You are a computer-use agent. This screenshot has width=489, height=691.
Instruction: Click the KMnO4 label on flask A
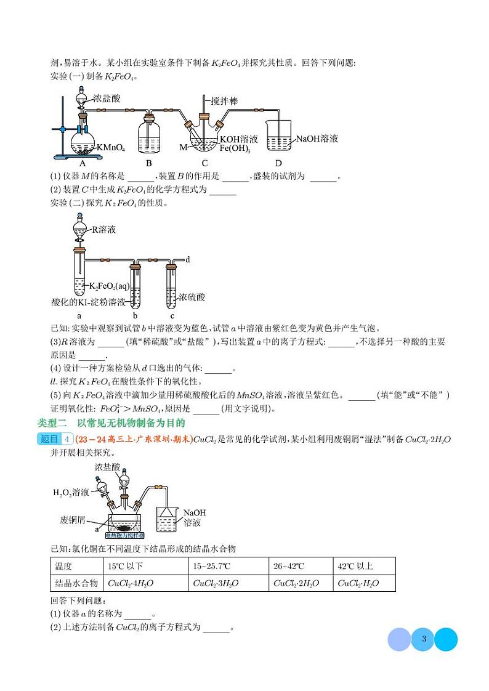point(112,148)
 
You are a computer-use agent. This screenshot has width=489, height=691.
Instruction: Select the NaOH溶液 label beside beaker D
point(317,139)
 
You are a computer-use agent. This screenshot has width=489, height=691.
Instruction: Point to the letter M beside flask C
point(183,148)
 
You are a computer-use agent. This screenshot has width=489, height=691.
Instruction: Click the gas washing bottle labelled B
point(148,134)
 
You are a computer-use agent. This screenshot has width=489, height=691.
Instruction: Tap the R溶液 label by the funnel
point(104,230)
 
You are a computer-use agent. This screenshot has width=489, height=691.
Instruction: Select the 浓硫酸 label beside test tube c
point(192,297)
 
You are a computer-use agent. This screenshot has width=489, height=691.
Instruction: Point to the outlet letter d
point(187,259)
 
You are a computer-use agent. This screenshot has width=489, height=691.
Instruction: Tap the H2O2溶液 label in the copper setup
point(70,492)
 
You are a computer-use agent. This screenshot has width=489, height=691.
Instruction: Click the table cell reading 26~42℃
point(289,566)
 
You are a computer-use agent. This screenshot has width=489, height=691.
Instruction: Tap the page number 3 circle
point(423,639)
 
